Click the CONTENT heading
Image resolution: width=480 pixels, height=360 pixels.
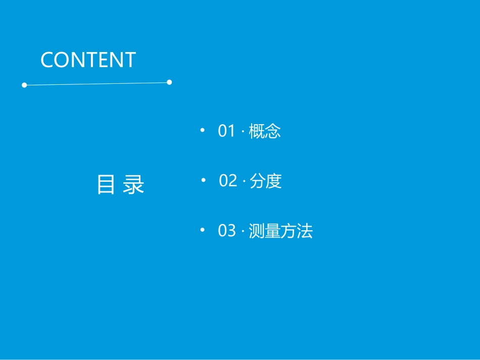click(x=88, y=60)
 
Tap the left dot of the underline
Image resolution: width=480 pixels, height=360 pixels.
click(x=24, y=85)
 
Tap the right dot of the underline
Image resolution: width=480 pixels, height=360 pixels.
click(x=169, y=82)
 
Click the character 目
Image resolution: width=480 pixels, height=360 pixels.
click(x=106, y=185)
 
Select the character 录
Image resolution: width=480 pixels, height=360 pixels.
click(x=134, y=185)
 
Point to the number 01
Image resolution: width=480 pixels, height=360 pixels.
click(x=227, y=131)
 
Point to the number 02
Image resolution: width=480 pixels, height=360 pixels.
click(x=228, y=181)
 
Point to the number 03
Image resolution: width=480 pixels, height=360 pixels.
click(x=227, y=231)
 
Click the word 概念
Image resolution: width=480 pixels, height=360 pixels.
click(x=265, y=131)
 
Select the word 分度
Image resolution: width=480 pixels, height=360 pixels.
click(x=266, y=181)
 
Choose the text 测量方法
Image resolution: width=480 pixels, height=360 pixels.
click(x=281, y=231)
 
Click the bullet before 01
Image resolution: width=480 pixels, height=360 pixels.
click(x=203, y=131)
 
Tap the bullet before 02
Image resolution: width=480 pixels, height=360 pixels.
click(x=204, y=180)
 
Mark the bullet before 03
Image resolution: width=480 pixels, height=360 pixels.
click(x=203, y=230)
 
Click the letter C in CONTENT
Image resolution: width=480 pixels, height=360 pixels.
click(x=47, y=60)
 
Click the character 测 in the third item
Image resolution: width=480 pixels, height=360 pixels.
click(x=257, y=231)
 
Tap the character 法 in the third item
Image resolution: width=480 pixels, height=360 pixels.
click(x=305, y=231)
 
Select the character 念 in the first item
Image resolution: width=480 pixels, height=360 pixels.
click(x=273, y=131)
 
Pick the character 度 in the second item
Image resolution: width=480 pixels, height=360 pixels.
click(x=274, y=181)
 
